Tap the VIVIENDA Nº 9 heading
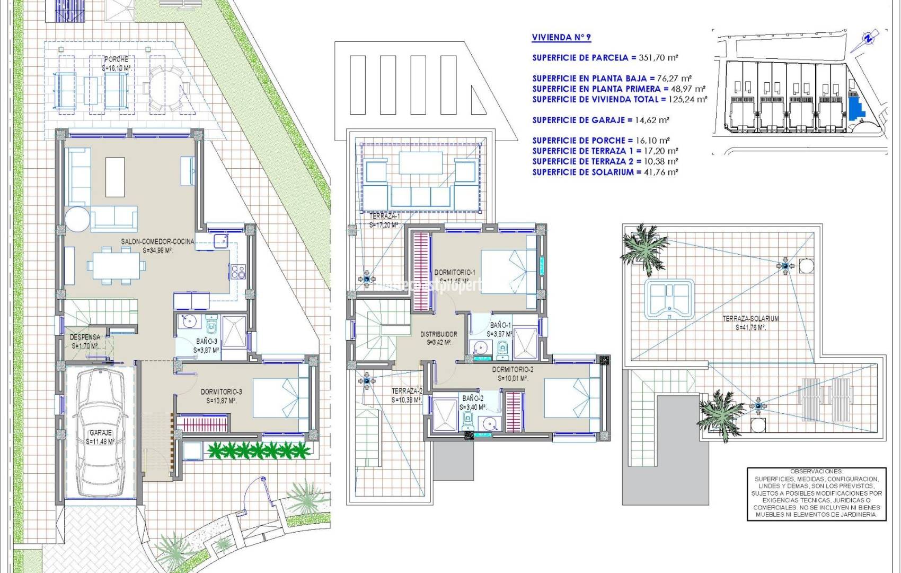point(561,37)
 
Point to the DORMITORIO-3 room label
point(222,392)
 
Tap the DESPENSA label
point(85,337)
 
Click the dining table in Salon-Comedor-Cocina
point(117,265)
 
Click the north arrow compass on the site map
point(867,39)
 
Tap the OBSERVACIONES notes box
point(816,493)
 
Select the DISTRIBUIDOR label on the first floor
point(438,334)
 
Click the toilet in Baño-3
point(211,322)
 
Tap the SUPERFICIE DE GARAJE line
point(600,120)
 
